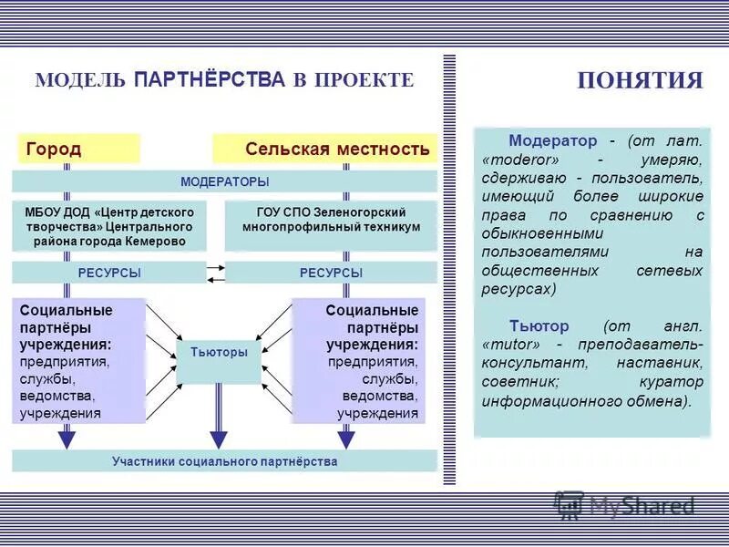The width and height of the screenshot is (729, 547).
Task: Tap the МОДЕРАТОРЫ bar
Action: pyautogui.click(x=224, y=181)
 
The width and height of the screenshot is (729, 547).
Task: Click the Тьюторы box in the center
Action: pyautogui.click(x=219, y=353)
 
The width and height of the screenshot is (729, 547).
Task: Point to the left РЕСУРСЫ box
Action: pyautogui.click(x=108, y=273)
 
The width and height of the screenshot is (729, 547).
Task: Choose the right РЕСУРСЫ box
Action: pyautogui.click(x=331, y=273)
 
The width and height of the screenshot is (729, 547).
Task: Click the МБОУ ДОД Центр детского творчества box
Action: pyautogui.click(x=108, y=226)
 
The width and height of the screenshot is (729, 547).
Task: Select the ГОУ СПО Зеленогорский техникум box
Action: pyautogui.click(x=331, y=220)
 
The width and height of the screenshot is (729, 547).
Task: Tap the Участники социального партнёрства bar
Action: pyautogui.click(x=224, y=461)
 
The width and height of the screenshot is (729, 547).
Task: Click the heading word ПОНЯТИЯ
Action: pyautogui.click(x=641, y=80)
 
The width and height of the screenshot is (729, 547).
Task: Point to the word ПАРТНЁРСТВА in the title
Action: pyautogui.click(x=210, y=80)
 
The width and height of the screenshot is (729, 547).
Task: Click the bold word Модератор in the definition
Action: pyautogui.click(x=552, y=140)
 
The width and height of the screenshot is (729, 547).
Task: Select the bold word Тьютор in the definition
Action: pyautogui.click(x=539, y=325)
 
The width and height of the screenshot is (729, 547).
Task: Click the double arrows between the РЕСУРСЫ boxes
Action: pyautogui.click(x=215, y=273)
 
